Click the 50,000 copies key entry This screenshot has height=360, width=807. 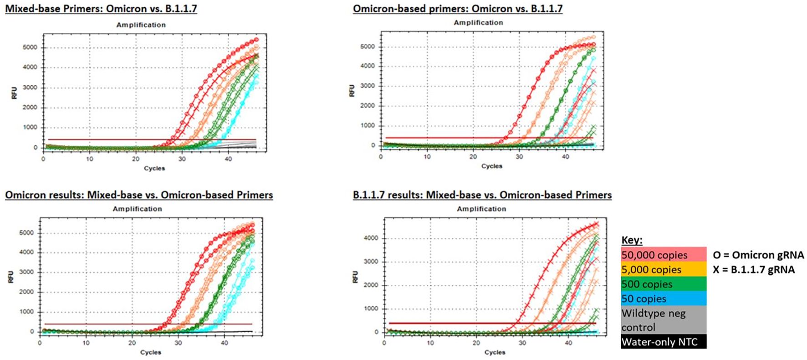point(663,255)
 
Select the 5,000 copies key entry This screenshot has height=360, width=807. point(663,269)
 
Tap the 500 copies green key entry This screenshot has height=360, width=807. point(663,284)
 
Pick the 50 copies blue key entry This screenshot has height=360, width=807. point(663,298)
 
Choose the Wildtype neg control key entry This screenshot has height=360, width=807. point(663,320)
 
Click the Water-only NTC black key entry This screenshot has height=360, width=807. point(663,342)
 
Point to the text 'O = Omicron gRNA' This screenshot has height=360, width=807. point(758,255)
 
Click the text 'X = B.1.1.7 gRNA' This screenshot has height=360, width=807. point(753,269)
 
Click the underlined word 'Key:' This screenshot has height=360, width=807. point(632,241)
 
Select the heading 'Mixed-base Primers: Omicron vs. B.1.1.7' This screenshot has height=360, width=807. point(101,8)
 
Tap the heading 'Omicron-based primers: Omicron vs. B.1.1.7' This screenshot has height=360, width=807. point(457,8)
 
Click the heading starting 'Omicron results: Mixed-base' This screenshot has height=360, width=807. point(139,195)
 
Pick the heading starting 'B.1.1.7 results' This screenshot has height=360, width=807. point(482,195)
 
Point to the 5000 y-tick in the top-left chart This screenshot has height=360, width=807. point(30,47)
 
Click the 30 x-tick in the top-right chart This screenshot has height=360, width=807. point(519,157)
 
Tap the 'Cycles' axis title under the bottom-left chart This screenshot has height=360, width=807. point(151,352)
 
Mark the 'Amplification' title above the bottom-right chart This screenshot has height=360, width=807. point(481,209)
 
